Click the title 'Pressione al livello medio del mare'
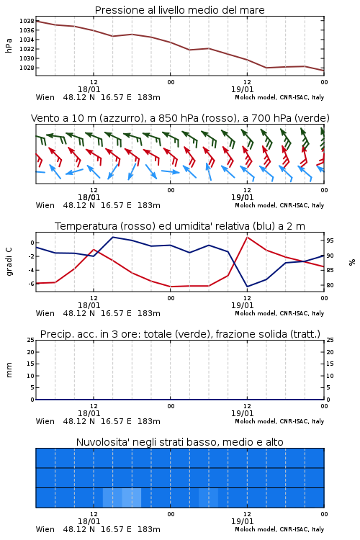179,10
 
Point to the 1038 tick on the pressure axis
27,21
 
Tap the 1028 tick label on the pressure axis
27,68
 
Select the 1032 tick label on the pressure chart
27,49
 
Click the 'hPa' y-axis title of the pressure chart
9,46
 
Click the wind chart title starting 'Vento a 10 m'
180,118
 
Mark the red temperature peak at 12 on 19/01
248,238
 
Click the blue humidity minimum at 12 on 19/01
248,286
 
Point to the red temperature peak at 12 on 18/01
94,249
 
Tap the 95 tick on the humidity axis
330,240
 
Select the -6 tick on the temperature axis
31,284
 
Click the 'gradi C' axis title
9,262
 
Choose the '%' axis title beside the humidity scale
352,262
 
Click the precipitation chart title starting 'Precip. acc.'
180,334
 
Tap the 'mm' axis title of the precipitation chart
9,370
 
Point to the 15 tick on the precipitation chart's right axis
330,364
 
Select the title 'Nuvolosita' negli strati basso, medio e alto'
179,442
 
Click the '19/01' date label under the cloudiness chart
242,521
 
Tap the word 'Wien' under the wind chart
45,205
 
